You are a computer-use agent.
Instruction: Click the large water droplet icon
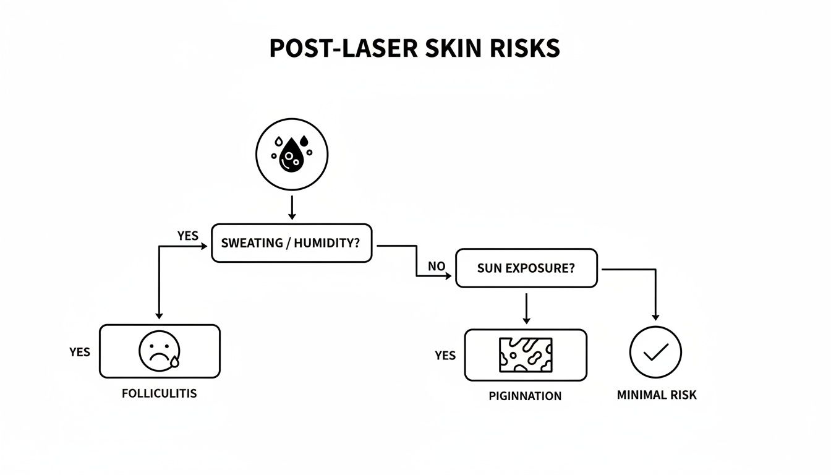click(x=291, y=155)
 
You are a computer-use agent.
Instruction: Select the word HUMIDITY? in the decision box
click(x=326, y=243)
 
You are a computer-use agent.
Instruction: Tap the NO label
click(x=437, y=267)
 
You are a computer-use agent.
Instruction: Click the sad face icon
click(x=159, y=351)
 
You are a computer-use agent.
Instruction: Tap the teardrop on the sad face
click(x=174, y=361)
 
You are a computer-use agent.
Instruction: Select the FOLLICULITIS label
click(x=160, y=393)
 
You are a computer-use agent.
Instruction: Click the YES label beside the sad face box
click(x=80, y=352)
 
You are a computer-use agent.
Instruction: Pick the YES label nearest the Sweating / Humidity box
click(x=187, y=236)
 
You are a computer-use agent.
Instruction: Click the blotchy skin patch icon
click(x=525, y=354)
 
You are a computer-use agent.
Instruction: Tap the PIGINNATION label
click(x=525, y=396)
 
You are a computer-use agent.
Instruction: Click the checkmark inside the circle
click(x=655, y=352)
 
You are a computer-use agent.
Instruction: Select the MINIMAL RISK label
click(x=656, y=395)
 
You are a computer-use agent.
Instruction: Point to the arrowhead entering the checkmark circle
click(x=655, y=316)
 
